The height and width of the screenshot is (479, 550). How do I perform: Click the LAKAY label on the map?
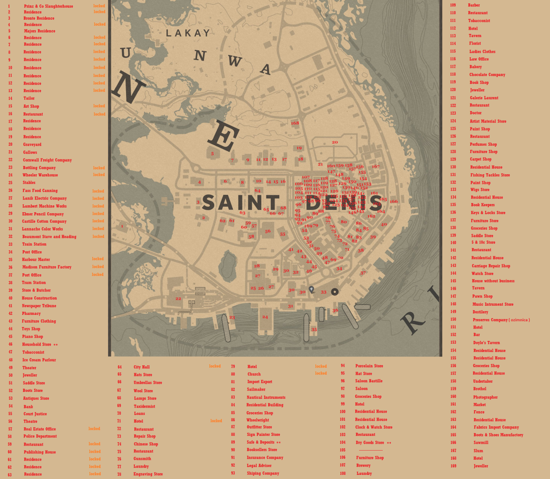[x=187, y=33]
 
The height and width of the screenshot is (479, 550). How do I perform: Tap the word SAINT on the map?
[x=240, y=203]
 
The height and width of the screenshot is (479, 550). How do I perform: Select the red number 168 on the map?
[x=295, y=123]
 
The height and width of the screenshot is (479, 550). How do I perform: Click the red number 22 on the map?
[x=178, y=298]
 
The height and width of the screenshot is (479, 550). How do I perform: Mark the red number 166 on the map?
[x=394, y=201]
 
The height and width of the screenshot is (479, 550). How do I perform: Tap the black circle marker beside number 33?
[x=335, y=292]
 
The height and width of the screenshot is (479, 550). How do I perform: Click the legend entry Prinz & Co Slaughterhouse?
[x=48, y=6]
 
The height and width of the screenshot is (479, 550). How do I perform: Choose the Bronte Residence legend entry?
[x=38, y=18]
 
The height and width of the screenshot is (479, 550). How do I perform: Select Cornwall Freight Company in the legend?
[x=47, y=160]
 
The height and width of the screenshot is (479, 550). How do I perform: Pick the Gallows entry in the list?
[x=30, y=152]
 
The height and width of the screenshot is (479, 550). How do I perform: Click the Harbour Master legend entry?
[x=36, y=259]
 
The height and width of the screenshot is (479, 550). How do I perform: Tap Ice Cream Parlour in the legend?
[x=39, y=360]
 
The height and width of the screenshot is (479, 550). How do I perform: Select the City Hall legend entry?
[x=142, y=367]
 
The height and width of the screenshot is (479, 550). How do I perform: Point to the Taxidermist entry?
[x=144, y=406]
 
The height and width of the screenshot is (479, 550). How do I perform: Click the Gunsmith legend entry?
[x=142, y=458]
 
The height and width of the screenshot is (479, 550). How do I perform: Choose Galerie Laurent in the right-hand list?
[x=484, y=98]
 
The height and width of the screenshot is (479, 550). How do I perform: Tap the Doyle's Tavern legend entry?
[x=486, y=342]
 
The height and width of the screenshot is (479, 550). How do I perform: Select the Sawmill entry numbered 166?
[x=481, y=443]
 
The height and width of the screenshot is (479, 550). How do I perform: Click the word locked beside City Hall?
[x=214, y=366]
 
